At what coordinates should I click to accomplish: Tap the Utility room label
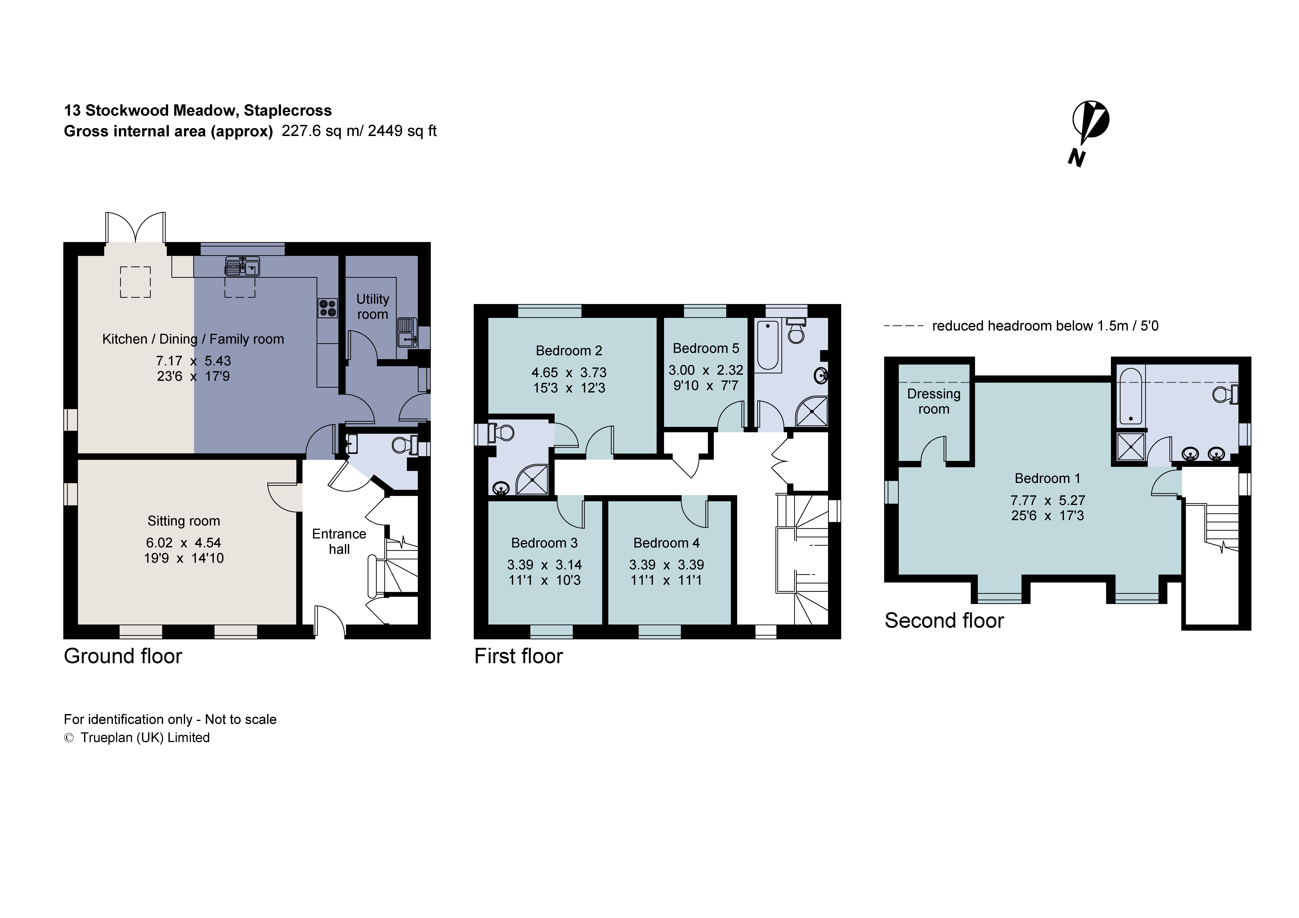tap(372, 307)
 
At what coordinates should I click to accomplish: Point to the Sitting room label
tap(183, 521)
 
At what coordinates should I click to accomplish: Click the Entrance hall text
tap(339, 541)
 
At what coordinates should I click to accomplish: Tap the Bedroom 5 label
tap(705, 348)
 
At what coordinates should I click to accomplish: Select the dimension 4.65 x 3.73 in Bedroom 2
tap(569, 373)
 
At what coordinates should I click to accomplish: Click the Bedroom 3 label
tap(544, 543)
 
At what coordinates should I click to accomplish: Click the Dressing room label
tap(934, 401)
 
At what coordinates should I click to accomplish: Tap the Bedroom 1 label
tap(1047, 479)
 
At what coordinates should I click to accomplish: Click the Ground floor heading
tap(123, 656)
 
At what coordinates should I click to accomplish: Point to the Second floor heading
tap(944, 620)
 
